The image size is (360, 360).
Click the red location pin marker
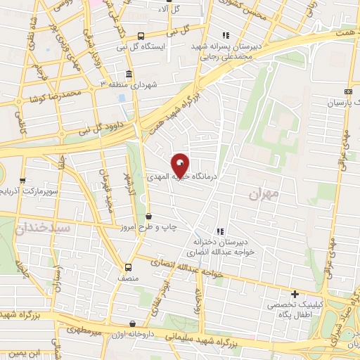pos(181,166)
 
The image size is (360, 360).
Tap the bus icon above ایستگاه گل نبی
pos(141,36)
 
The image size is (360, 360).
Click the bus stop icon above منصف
pos(128,267)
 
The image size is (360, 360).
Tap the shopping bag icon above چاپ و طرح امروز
pos(148,217)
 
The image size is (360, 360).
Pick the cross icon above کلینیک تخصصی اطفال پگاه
pos(295,294)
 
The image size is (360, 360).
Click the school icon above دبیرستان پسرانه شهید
pos(225,35)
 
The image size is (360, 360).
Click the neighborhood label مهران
pos(264,192)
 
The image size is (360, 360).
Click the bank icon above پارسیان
pos(348,92)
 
